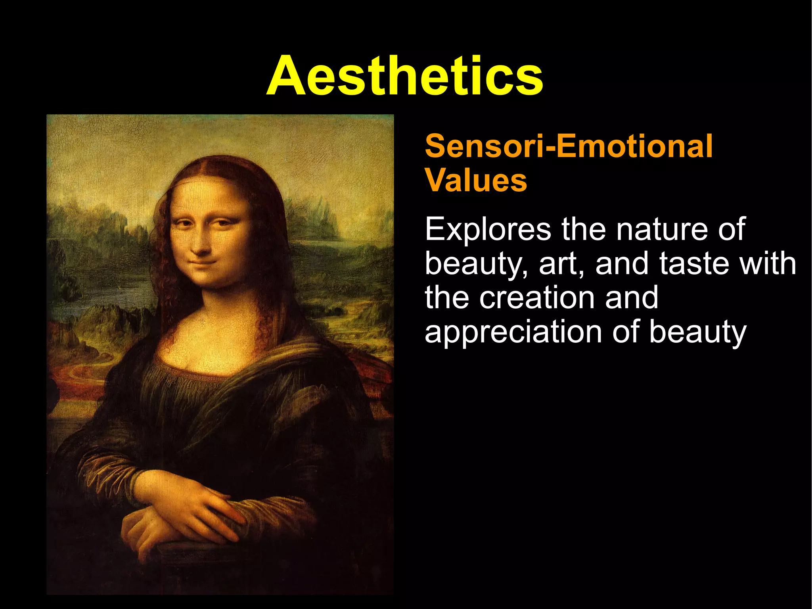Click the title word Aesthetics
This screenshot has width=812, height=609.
[x=404, y=76]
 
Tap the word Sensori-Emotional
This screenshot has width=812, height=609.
[x=569, y=146]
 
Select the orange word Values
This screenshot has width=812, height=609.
[x=476, y=181]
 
